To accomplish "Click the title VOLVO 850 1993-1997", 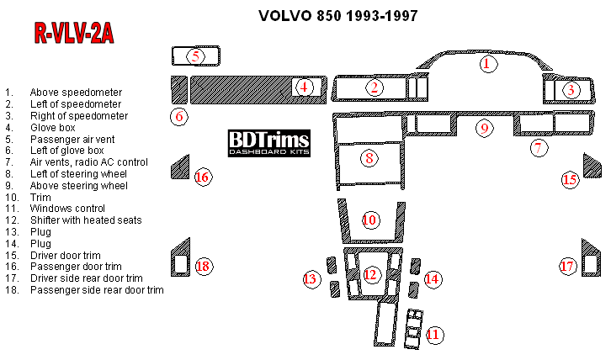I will point(337,16).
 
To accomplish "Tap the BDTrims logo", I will point(268,143).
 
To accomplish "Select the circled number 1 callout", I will point(486,63).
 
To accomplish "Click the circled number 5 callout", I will point(195,56).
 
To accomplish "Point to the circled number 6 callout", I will point(178,116).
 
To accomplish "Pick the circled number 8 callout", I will point(369,156).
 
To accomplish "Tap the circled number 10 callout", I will point(369,220).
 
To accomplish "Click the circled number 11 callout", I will point(433,334).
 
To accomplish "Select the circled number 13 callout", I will point(311,278).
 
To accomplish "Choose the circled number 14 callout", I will point(432,278).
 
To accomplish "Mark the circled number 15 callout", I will point(570,179).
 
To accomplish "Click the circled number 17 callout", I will point(568,266).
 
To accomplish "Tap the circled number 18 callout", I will point(202,266).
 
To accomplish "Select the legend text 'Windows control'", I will point(67,208).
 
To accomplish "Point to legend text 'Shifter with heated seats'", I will point(86,220).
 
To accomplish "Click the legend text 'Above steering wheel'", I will point(78,185).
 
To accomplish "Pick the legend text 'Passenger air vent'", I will point(72,139).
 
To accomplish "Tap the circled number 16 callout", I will point(202,177).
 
